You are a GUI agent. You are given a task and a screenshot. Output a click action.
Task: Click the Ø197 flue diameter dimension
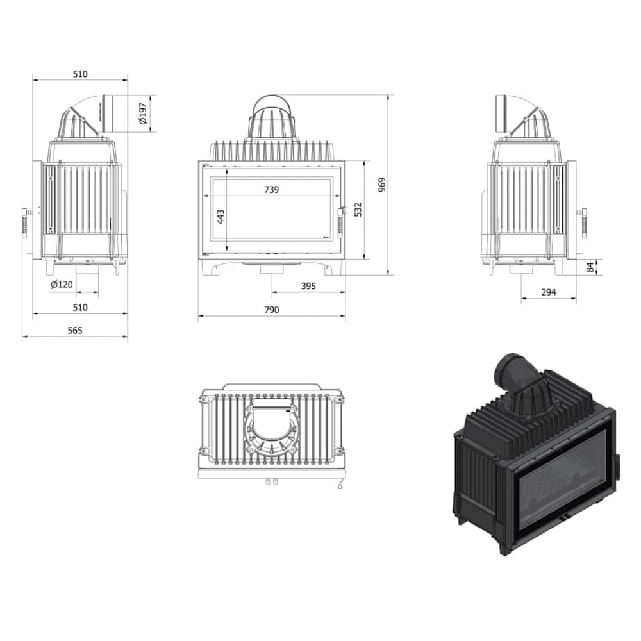coord(143,113)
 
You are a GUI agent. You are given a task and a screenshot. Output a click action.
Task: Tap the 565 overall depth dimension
coord(75,330)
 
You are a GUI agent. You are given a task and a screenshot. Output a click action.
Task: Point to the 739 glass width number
coord(272,189)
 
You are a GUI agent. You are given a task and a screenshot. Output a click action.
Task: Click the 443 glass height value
coord(221,217)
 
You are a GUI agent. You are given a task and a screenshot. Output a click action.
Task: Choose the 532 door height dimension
coord(358,210)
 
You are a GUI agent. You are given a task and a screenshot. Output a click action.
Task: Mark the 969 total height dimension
coord(382,185)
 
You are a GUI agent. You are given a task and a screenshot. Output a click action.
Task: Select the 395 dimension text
coord(308,286)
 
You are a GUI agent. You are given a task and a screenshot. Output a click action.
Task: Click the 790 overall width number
coord(272,309)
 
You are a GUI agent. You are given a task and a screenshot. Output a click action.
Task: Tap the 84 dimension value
coord(590,267)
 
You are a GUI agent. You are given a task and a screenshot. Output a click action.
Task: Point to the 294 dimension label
coord(548,292)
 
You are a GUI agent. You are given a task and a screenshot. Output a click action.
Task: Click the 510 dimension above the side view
coord(79,74)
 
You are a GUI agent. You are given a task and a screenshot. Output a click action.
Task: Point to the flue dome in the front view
coord(272,119)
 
